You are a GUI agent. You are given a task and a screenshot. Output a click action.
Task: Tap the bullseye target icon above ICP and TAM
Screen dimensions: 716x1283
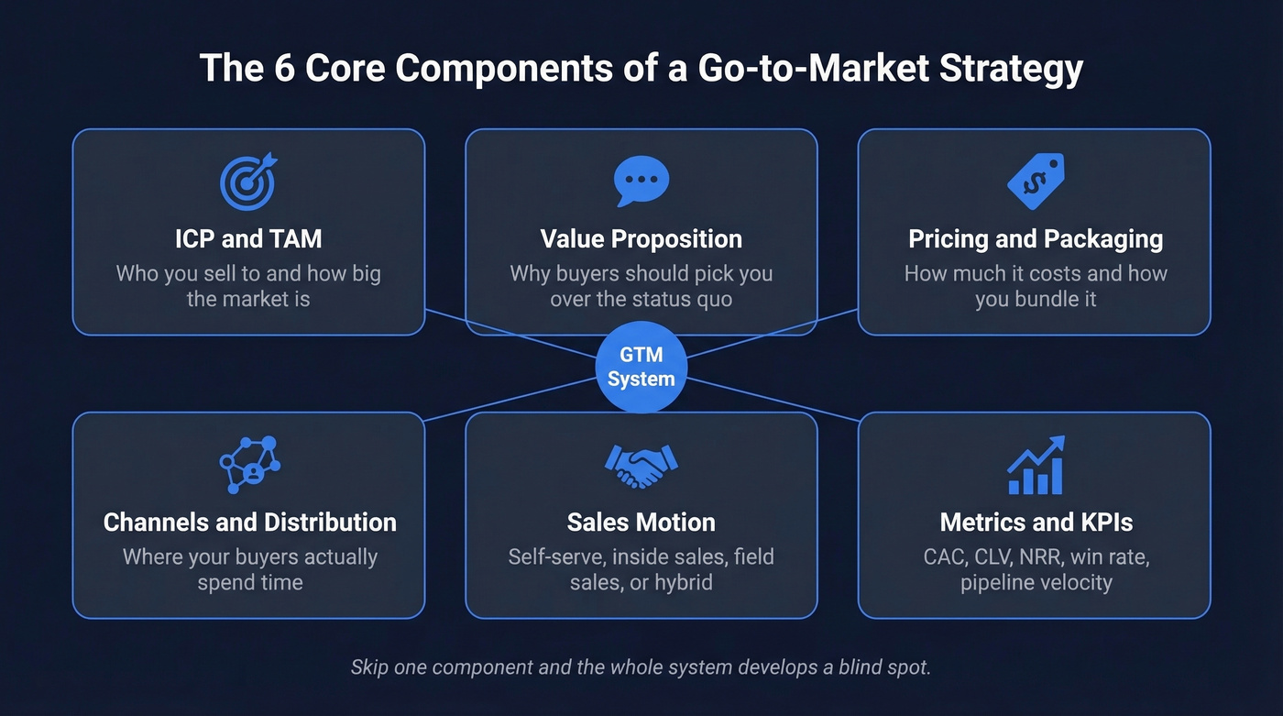(x=248, y=181)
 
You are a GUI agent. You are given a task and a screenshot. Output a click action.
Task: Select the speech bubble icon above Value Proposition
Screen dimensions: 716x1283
(x=641, y=181)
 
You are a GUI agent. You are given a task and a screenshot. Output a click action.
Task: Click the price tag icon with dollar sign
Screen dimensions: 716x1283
(x=1036, y=181)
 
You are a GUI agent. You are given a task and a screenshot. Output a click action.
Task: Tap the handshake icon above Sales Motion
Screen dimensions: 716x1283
(x=641, y=466)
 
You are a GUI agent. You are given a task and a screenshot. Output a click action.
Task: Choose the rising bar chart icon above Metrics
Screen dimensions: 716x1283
(x=1036, y=466)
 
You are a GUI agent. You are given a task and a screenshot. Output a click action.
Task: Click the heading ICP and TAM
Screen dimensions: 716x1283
(x=248, y=239)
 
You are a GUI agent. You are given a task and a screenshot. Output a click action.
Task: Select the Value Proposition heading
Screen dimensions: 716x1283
(x=641, y=239)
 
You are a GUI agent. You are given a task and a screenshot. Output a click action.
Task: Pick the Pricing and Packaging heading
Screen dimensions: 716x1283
(x=1036, y=239)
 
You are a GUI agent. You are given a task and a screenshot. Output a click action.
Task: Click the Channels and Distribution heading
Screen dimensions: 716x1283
(x=250, y=523)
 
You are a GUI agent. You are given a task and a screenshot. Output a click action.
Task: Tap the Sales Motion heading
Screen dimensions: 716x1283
(x=641, y=523)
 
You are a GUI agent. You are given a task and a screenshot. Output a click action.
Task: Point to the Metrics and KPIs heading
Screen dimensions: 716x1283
(x=1036, y=523)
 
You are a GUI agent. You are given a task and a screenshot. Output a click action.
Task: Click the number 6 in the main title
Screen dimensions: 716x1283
(x=280, y=70)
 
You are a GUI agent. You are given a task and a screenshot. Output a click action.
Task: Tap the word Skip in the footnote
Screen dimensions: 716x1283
(x=369, y=667)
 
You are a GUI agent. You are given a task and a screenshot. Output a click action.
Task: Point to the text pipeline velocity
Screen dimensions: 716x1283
(x=1036, y=582)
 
